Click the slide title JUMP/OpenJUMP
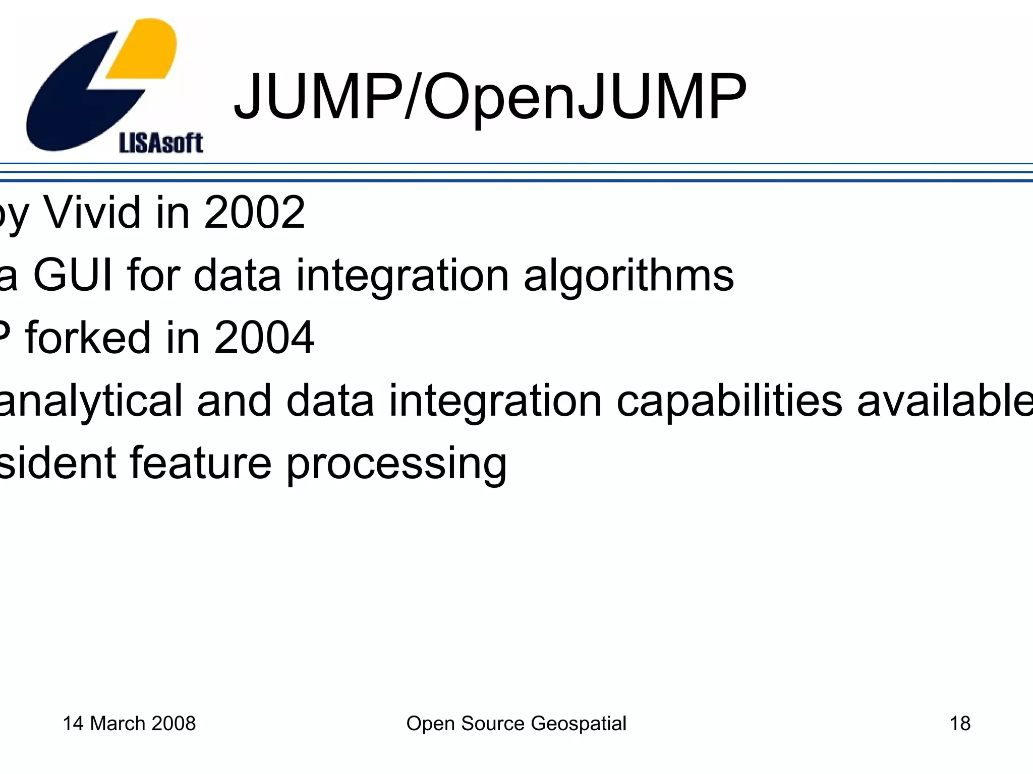click(489, 97)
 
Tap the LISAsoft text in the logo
click(161, 143)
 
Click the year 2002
click(254, 213)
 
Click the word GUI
click(73, 275)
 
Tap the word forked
click(88, 338)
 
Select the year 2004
click(264, 338)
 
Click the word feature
click(201, 464)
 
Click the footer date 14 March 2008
click(129, 724)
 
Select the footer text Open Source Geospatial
click(516, 724)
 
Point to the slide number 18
click(960, 724)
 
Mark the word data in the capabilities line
click(330, 401)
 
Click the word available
click(944, 401)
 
